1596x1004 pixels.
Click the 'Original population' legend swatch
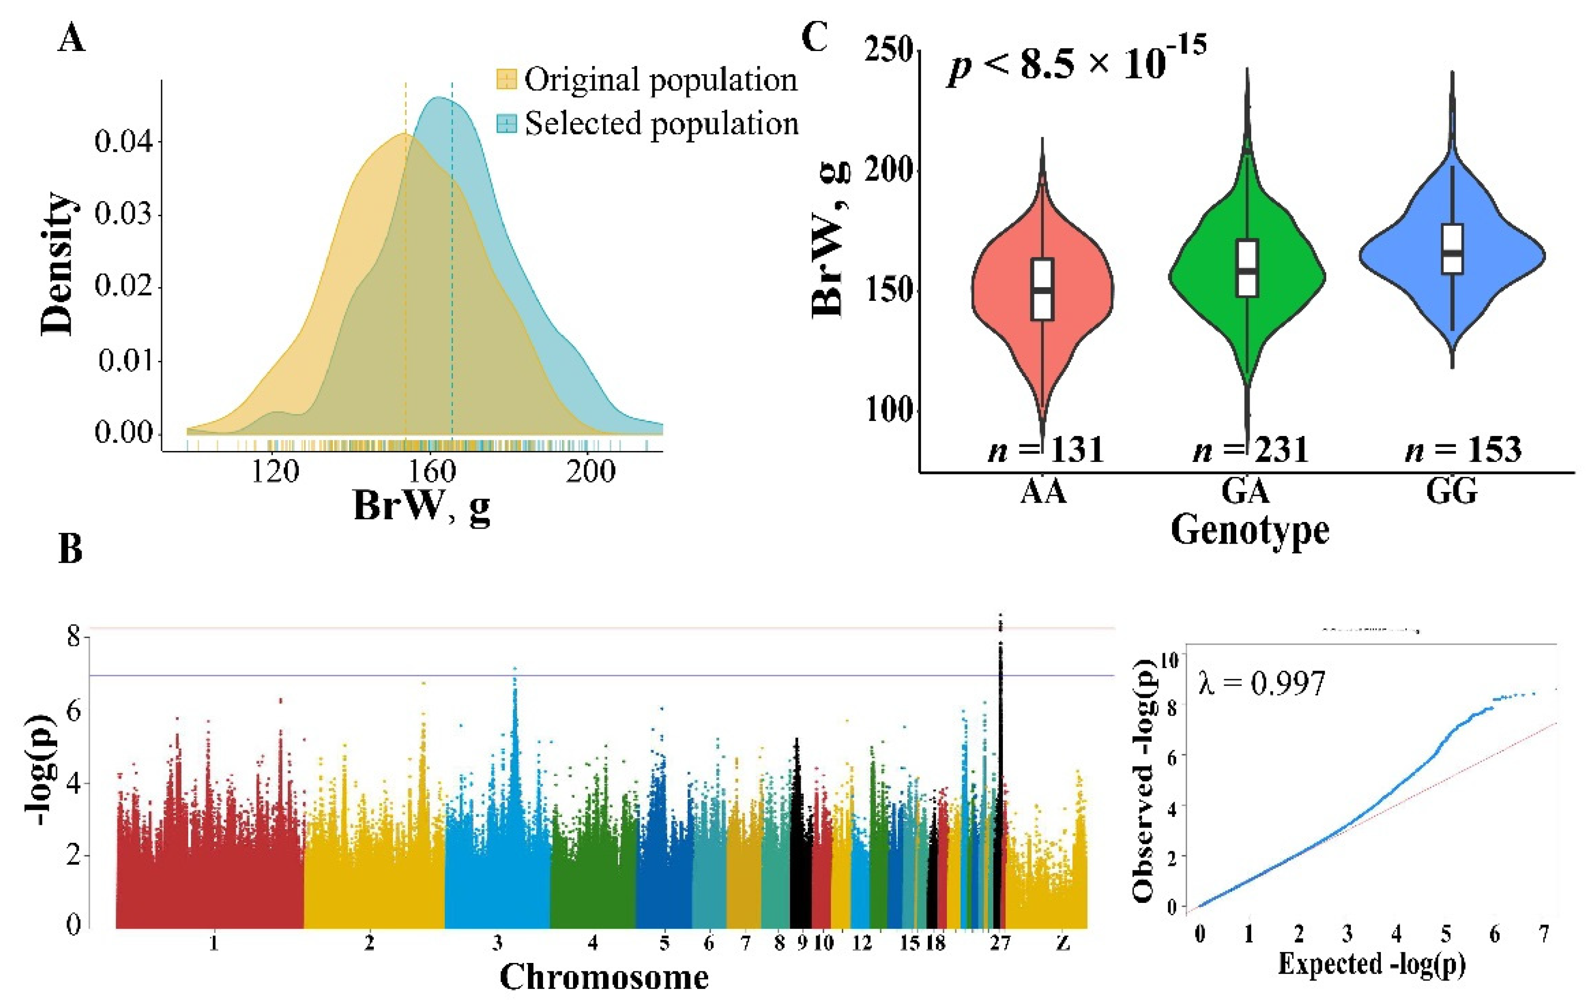click(x=506, y=80)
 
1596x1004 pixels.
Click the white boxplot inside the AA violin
click(x=1042, y=289)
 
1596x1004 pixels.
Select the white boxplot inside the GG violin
click(x=1452, y=249)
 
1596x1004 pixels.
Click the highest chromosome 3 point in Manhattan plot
click(x=514, y=669)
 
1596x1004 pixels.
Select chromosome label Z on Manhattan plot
click(x=1062, y=942)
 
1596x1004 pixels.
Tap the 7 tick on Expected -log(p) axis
click(x=1544, y=934)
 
